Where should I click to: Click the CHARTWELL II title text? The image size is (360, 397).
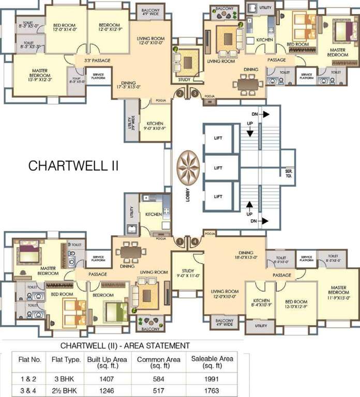[73, 166]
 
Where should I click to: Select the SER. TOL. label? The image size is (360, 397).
[289, 172]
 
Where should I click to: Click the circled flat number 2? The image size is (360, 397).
[179, 94]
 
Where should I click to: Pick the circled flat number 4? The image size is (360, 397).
[194, 241]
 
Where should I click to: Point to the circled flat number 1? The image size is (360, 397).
[179, 241]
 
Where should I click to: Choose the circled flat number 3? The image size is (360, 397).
[194, 94]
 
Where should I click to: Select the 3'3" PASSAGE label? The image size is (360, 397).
[97, 61]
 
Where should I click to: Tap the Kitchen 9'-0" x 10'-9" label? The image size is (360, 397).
[155, 126]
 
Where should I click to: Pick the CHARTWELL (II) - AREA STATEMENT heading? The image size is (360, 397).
[125, 345]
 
